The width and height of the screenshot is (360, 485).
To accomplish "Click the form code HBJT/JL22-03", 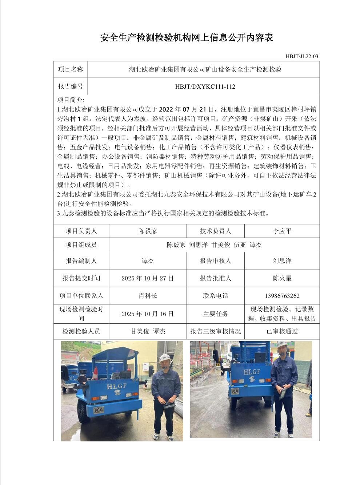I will click(301, 56).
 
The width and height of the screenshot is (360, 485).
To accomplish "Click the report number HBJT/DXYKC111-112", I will click(205, 86).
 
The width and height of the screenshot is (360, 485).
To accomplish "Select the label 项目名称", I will click(71, 69).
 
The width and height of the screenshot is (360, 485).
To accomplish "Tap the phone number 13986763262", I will click(282, 296).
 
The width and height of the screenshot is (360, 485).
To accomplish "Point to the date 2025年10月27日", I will click(148, 278).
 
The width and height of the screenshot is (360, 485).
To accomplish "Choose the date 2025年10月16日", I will click(148, 314).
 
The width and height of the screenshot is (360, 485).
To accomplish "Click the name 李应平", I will click(282, 231).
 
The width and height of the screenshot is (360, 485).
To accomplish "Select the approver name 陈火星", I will click(282, 278).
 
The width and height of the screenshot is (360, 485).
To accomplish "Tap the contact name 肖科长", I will click(148, 296).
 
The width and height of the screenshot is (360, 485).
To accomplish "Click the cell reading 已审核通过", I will click(282, 331).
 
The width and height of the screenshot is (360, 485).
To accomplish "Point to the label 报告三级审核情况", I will click(215, 331).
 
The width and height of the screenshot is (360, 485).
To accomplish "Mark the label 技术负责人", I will click(215, 231).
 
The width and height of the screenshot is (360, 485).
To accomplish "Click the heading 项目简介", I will click(71, 100).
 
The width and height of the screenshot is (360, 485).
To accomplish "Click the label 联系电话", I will click(215, 296).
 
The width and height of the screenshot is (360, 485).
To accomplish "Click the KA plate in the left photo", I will click(99, 410).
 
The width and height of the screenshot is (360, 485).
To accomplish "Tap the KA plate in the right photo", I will click(235, 391).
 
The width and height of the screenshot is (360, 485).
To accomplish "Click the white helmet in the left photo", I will click(165, 357).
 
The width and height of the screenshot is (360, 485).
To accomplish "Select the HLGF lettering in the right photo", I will click(252, 372).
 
